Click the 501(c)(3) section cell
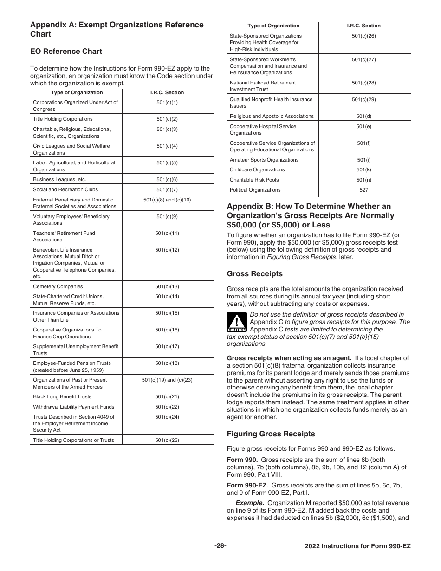pyautogui.click(x=167, y=129)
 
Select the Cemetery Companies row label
pyautogui.click(x=58, y=286)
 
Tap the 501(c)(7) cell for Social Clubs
pyautogui.click(x=167, y=189)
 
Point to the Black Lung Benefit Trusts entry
pyautogui.click(x=62, y=396)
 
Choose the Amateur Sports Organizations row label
pyautogui.click(x=264, y=160)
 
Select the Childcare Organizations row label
pyautogui.click(x=257, y=169)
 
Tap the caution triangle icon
pyautogui.click(x=236, y=322)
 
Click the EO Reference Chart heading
pyautogui.click(x=66, y=52)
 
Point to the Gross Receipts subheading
pyautogui.click(x=254, y=274)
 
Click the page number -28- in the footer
pyautogui.click(x=220, y=546)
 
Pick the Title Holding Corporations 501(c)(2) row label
pyautogui.click(x=63, y=119)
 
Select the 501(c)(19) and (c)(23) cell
pyautogui.click(x=167, y=380)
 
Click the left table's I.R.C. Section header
pyautogui.click(x=167, y=92)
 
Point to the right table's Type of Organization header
pyautogui.click(x=273, y=26)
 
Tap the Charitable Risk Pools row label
pyautogui.click(x=254, y=180)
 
